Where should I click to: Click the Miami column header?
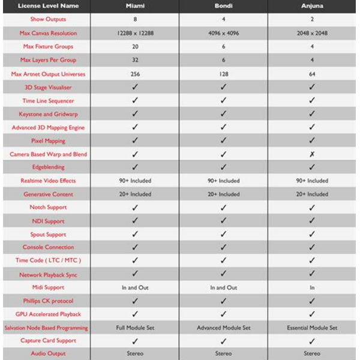134,6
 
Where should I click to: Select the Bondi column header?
223,6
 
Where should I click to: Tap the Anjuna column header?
312,6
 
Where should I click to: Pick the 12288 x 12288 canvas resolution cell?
134,33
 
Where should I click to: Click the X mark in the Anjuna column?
312,154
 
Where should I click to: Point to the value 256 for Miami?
134,74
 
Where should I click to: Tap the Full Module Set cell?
134,328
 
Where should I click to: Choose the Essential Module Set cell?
312,328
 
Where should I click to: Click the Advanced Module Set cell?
223,328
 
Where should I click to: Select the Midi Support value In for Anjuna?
312,287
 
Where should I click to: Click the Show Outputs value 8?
134,19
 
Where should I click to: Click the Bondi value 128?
223,74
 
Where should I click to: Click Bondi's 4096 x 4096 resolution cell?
223,33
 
